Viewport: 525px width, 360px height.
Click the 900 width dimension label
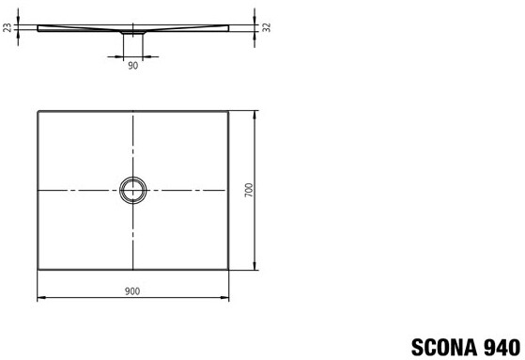[x=132, y=291]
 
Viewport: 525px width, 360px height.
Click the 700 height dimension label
[x=249, y=190]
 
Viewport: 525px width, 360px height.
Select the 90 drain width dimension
[x=133, y=66]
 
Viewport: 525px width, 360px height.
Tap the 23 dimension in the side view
[x=8, y=27]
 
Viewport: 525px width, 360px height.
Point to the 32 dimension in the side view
[x=266, y=27]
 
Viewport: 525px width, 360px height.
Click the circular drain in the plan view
[x=133, y=178]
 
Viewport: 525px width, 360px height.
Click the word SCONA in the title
[x=445, y=347]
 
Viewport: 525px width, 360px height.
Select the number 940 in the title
[x=502, y=347]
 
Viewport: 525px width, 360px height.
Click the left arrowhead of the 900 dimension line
[x=40, y=297]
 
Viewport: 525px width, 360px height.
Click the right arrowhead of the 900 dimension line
[x=225, y=297]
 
